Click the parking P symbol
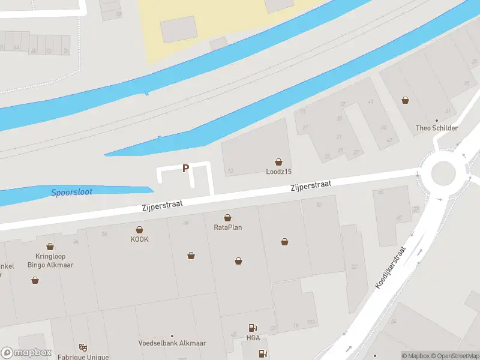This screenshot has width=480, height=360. (186, 169)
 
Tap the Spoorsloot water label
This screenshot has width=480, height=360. (71, 192)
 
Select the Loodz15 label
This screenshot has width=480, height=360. (278, 172)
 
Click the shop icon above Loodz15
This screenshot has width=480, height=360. (278, 162)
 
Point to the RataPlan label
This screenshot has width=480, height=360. (228, 227)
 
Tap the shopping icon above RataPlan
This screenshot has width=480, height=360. (228, 218)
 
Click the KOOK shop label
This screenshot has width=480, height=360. (139, 239)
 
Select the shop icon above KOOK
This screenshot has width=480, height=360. (139, 230)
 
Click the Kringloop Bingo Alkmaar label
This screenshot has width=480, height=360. (50, 260)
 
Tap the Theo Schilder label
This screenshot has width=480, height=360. (437, 128)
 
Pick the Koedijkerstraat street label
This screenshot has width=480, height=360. (391, 268)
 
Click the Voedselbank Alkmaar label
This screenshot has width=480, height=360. (172, 343)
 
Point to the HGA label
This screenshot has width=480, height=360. (254, 337)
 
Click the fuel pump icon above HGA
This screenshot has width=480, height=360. (253, 328)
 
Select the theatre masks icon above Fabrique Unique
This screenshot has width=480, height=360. (82, 347)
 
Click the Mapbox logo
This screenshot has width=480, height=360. (26, 353)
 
